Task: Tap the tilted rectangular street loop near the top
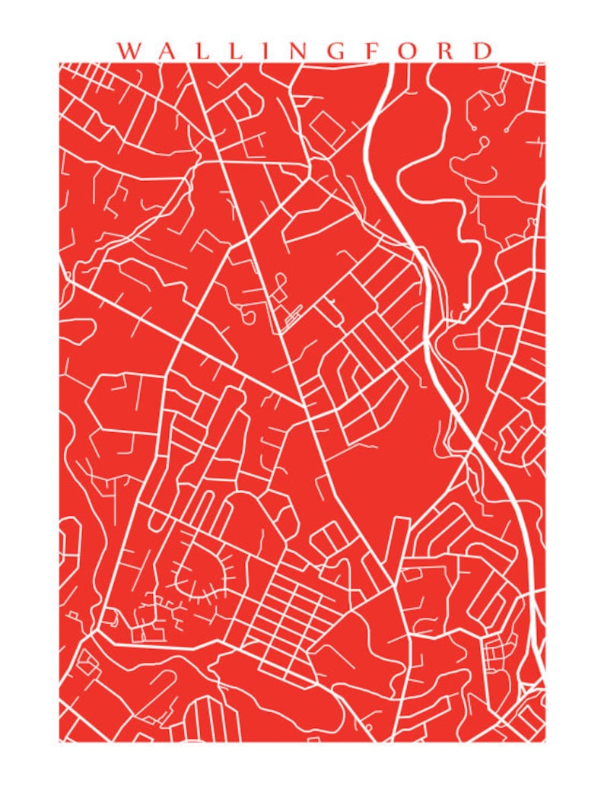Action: pyautogui.click(x=327, y=125)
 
